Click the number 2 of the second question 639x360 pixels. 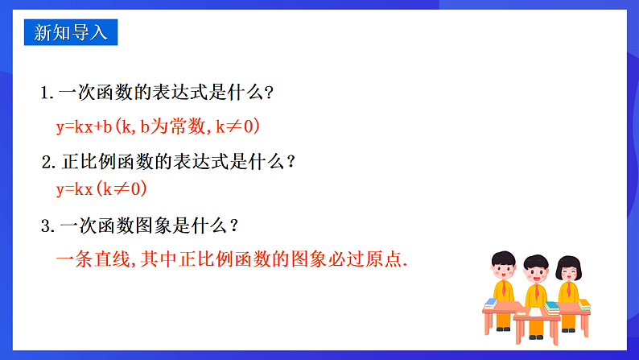[x=47, y=162]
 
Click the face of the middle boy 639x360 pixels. [x=536, y=274]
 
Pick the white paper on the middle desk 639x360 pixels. [x=534, y=311]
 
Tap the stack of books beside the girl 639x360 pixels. [x=584, y=304]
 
